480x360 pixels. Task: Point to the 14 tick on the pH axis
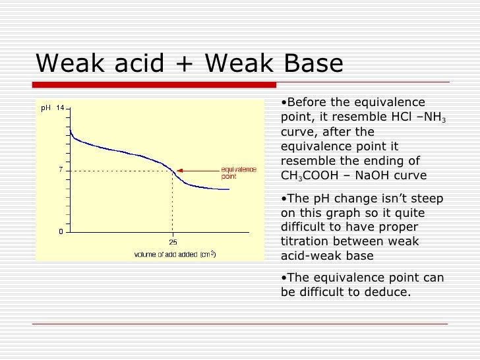(x=60, y=108)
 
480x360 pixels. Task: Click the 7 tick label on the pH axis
(x=61, y=170)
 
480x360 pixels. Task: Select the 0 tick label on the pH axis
(x=61, y=231)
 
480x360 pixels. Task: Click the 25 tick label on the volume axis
(x=173, y=241)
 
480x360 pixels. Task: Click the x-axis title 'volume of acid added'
(x=175, y=254)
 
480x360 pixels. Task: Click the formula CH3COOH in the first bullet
(x=311, y=175)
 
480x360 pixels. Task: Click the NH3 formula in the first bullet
(x=435, y=117)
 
